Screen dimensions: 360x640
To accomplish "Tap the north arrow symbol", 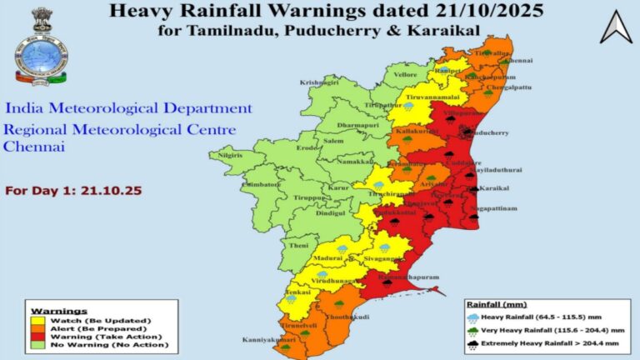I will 616,28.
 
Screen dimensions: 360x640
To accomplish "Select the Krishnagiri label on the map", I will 320,82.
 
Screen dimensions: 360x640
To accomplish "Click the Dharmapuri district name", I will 336,125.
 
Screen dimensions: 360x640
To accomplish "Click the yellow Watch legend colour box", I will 37,320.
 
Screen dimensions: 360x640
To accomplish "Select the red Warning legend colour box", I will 37,337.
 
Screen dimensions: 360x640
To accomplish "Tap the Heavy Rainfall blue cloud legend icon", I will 473,317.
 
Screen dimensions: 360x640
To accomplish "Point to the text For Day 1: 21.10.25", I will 73,191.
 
